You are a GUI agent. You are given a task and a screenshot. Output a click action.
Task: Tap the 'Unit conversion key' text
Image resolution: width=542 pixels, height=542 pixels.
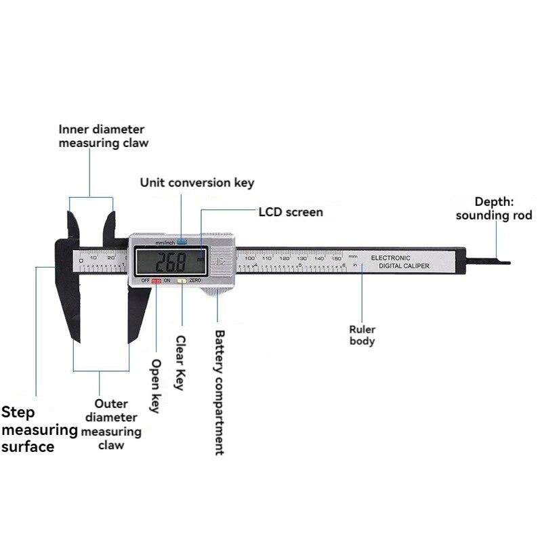coord(196,182)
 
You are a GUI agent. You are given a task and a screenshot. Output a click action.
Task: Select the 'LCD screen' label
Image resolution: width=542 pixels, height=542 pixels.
coord(291,212)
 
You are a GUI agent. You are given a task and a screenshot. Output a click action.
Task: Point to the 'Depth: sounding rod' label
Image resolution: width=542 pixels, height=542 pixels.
coord(493,209)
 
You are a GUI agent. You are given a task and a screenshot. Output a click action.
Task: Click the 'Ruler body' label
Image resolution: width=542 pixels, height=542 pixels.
coord(362,335)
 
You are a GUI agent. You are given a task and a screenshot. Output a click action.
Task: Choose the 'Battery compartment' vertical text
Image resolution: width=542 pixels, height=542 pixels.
coord(219,392)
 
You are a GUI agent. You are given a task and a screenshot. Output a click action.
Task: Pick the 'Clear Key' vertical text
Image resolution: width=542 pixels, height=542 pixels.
coord(180,362)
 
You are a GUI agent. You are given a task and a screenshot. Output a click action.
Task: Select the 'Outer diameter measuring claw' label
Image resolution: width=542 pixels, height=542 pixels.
coord(111,424)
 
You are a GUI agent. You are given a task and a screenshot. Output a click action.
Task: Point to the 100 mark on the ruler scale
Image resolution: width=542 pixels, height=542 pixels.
coord(249,258)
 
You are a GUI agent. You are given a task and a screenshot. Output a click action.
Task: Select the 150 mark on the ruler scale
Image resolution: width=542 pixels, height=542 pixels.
coord(336,258)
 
